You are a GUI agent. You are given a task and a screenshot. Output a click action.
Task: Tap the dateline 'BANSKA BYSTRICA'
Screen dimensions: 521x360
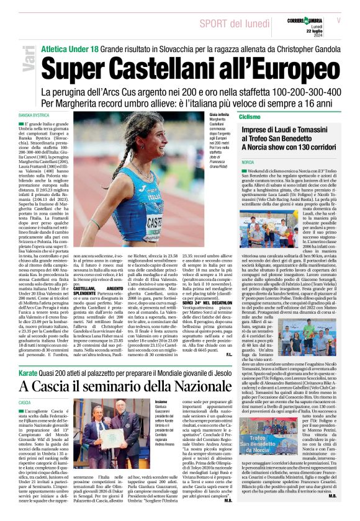[x=34, y=115]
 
